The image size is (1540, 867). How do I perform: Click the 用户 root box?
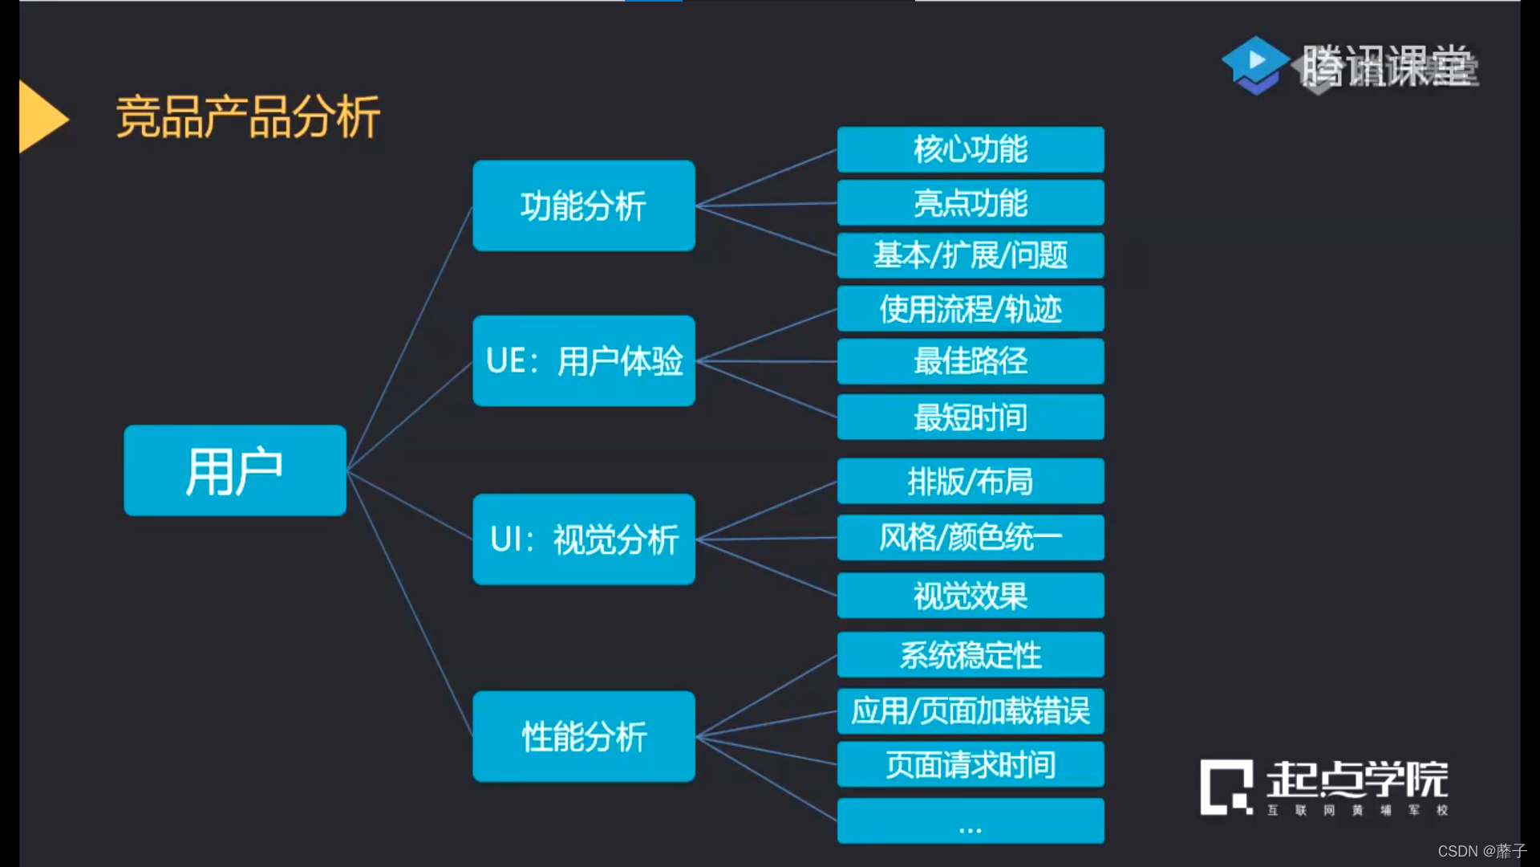[235, 470]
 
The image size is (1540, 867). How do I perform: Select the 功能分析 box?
[584, 206]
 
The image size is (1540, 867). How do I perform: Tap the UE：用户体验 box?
[584, 360]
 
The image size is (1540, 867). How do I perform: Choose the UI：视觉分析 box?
[584, 539]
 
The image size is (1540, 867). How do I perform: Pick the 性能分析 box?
[584, 736]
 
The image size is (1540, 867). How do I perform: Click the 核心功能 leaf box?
[971, 149]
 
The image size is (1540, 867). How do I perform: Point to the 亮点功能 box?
[971, 202]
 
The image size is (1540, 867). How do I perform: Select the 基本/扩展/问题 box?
[971, 255]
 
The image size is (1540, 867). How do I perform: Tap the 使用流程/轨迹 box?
[971, 308]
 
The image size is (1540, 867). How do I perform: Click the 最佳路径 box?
[971, 361]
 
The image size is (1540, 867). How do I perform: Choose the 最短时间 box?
[971, 417]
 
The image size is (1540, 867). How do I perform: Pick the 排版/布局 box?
[971, 481]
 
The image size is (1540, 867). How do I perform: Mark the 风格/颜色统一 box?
[971, 537]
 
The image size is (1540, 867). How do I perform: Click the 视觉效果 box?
[971, 596]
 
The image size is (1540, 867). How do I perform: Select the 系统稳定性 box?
[971, 654]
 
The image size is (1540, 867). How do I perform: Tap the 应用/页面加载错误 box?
[971, 711]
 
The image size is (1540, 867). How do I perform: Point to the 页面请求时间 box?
[971, 764]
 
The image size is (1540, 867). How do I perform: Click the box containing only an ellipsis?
[971, 820]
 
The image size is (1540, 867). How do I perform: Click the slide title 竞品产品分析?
[248, 117]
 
